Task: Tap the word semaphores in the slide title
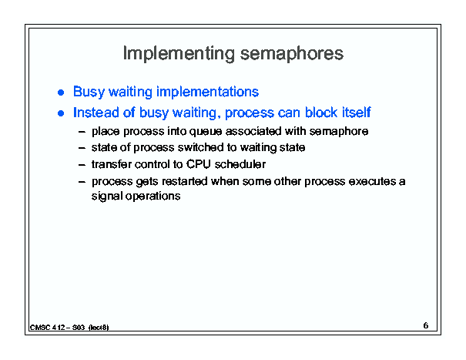[x=292, y=54]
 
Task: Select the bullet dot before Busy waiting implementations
[x=61, y=93]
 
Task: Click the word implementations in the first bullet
[x=207, y=92]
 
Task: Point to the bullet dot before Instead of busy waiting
[x=61, y=113]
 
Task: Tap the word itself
[x=357, y=113]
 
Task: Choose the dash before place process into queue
[x=82, y=132]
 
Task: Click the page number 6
[x=426, y=325]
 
